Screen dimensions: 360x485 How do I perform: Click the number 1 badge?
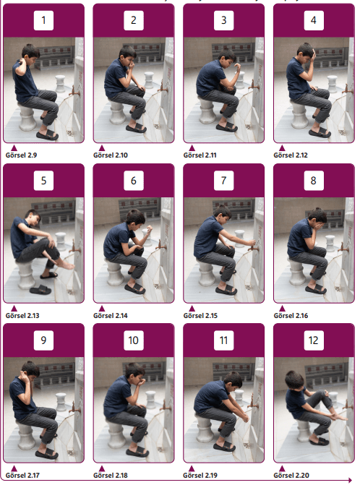tap(43, 20)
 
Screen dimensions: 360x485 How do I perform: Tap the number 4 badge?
tap(314, 20)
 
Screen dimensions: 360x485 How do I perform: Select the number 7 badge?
tap(223, 180)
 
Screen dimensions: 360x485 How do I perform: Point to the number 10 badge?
tap(134, 340)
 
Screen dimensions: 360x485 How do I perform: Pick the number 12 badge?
tap(314, 340)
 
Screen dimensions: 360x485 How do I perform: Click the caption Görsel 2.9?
tap(21, 155)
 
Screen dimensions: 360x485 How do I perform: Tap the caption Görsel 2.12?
tap(291, 155)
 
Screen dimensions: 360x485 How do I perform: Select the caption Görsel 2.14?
tap(111, 315)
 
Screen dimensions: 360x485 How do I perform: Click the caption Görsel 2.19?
tap(200, 475)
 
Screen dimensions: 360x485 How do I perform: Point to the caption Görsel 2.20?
tap(291, 475)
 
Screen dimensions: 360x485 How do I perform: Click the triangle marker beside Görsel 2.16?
tap(282, 309)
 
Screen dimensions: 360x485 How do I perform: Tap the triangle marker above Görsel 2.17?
tap(14, 468)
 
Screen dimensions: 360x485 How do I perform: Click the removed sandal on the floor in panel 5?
tap(40, 290)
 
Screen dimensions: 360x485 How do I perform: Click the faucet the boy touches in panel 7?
tap(252, 248)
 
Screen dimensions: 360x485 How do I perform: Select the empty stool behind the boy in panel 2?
tap(149, 80)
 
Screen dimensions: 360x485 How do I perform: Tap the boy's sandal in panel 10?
tap(137, 452)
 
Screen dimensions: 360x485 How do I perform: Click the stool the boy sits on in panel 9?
tap(26, 435)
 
